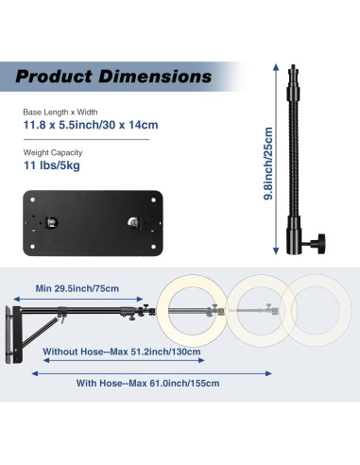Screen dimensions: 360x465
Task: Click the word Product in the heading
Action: pos(54,77)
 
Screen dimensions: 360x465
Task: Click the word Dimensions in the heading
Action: pos(155,77)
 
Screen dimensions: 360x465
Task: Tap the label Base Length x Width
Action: pos(60,112)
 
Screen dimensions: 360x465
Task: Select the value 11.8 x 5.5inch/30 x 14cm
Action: pos(91,125)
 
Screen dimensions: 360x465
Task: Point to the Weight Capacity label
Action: pos(53,152)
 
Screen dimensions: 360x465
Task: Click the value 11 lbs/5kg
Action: pos(52,165)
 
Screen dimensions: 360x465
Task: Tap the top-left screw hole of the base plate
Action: pos(32,199)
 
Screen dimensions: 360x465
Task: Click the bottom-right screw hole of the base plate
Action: pos(154,247)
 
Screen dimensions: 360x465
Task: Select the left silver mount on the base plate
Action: pos(52,223)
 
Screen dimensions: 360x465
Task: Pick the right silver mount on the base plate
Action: pos(133,223)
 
